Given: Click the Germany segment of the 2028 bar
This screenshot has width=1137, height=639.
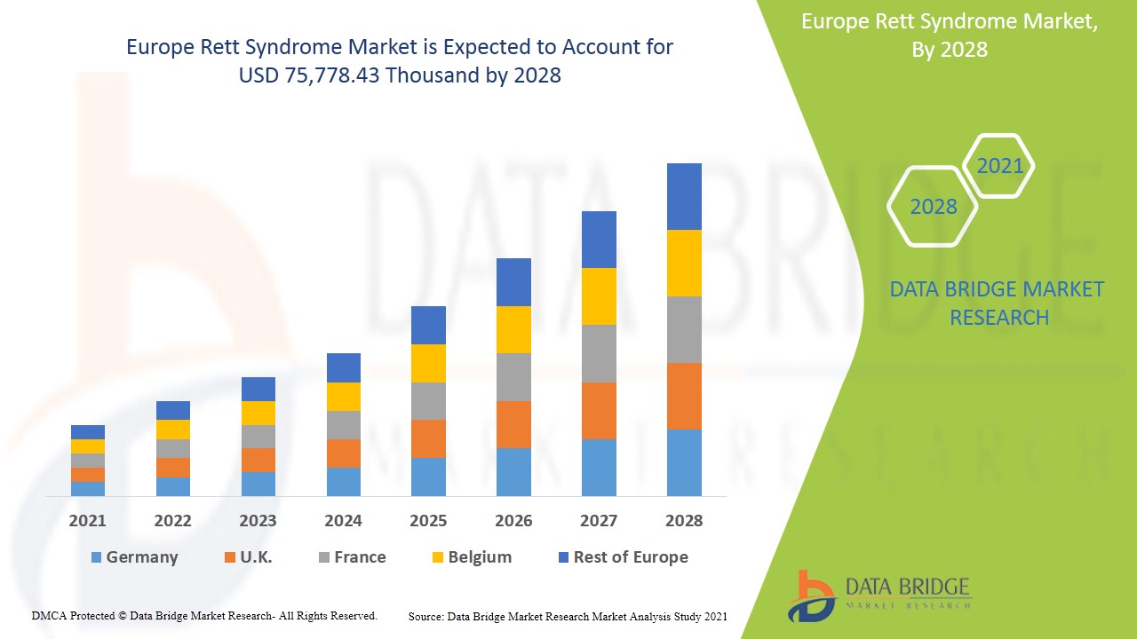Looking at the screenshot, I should (684, 462).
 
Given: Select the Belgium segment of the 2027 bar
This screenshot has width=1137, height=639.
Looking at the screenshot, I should (599, 296).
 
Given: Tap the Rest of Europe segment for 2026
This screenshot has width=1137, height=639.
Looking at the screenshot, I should (513, 282).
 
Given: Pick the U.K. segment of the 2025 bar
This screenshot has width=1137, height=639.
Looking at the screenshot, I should (428, 438).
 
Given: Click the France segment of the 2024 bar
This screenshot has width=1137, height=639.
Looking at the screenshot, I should (344, 425).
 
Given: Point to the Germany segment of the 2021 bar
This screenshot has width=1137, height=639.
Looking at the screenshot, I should (88, 488).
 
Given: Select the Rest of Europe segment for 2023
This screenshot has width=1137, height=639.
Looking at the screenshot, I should (258, 389).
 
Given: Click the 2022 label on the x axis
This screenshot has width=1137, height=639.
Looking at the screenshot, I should (172, 521).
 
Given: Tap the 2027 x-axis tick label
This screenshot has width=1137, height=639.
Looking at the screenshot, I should (599, 521).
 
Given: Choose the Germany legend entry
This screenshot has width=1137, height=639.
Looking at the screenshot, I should (134, 557).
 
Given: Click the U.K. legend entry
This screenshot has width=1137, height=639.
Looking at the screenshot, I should (248, 557).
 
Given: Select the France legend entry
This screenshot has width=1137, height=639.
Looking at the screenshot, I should (352, 557).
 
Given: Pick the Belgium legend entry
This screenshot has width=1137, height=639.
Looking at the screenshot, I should (471, 557).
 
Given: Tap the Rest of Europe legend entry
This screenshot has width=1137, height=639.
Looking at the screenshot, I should (622, 557).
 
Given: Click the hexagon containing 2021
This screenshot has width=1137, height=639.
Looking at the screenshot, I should (999, 166).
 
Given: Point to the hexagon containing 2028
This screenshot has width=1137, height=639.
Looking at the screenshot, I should (933, 207).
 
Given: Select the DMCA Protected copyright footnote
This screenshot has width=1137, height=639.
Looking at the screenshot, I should (204, 615).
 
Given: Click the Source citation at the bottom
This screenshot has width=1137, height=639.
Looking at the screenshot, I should (568, 616).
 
